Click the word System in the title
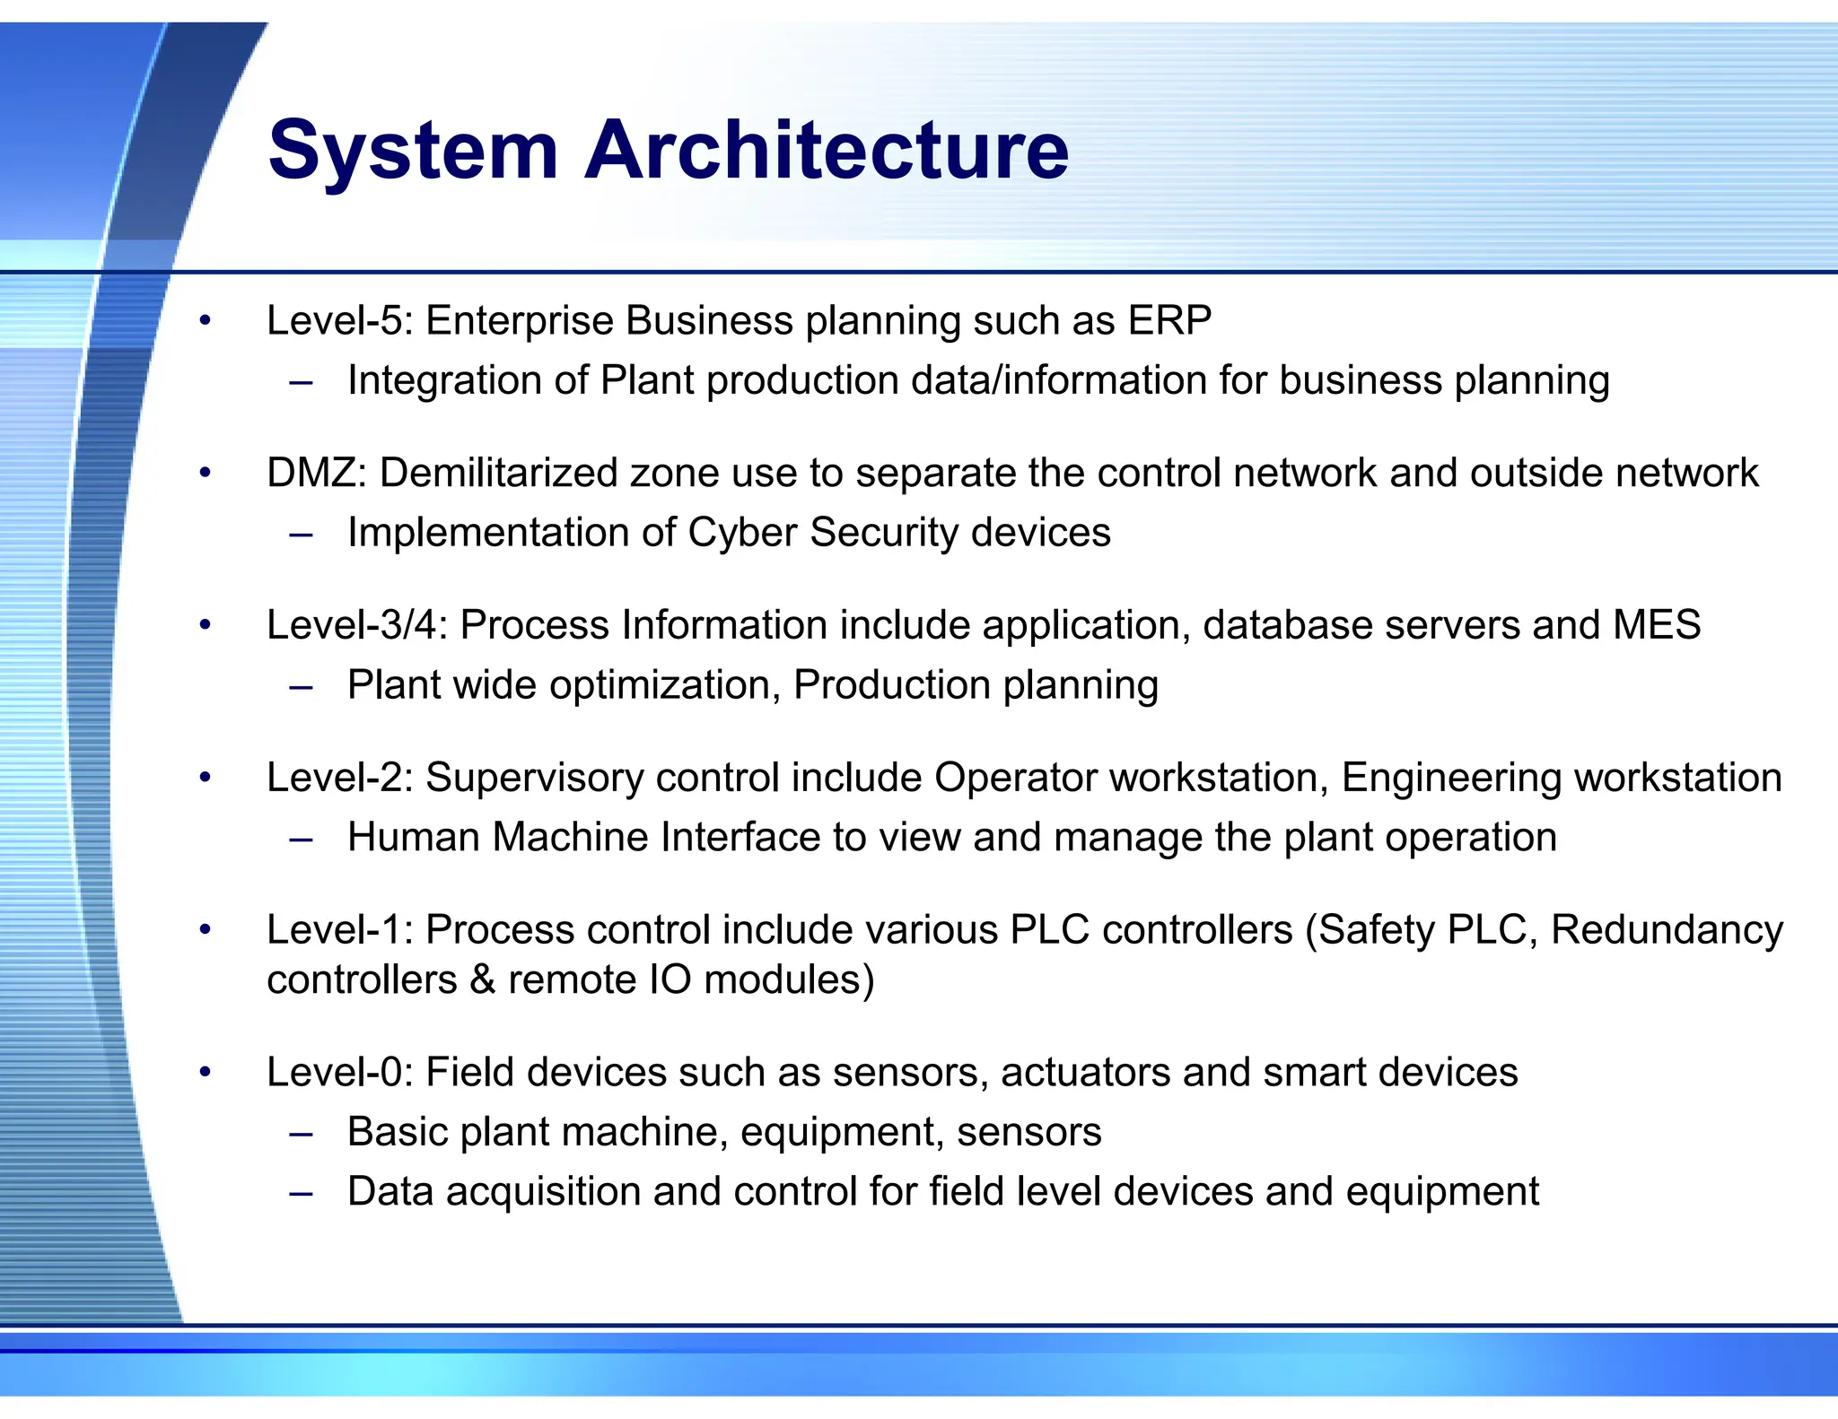pyautogui.click(x=413, y=150)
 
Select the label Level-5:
pyautogui.click(x=339, y=321)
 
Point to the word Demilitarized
pyautogui.click(x=498, y=473)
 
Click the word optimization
pyautogui.click(x=664, y=685)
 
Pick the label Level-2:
pyautogui.click(x=339, y=778)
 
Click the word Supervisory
pyautogui.click(x=534, y=778)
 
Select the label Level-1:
pyautogui.click(x=339, y=930)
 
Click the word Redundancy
pyautogui.click(x=1667, y=930)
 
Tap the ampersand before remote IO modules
pyautogui.click(x=483, y=979)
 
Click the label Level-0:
pyautogui.click(x=339, y=1073)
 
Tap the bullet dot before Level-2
pyautogui.click(x=206, y=778)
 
